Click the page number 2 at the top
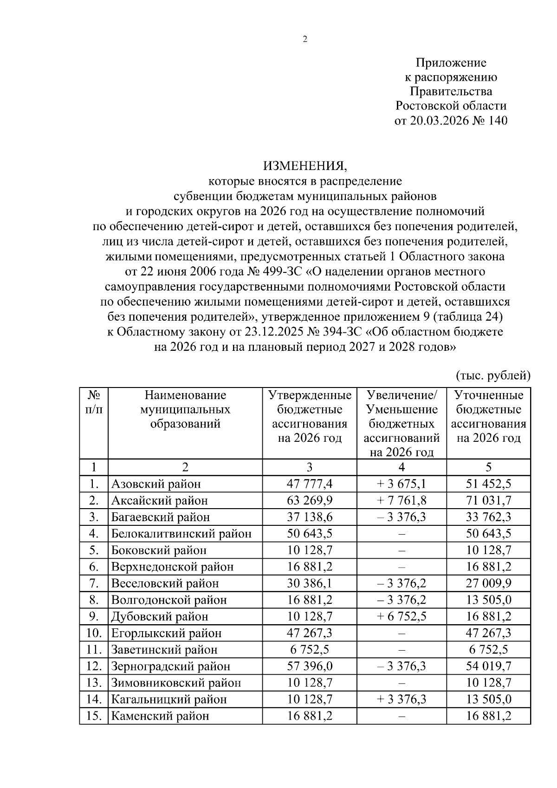click(305, 40)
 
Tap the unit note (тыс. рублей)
click(493, 375)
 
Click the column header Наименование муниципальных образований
click(185, 409)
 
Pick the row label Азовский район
click(156, 484)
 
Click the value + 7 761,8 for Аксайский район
click(402, 500)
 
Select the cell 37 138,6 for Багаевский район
click(310, 517)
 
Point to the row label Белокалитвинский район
click(181, 534)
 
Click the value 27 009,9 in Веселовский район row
click(488, 583)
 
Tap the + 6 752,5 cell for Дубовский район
click(402, 616)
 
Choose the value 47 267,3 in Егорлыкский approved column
click(310, 633)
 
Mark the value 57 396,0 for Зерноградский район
click(310, 666)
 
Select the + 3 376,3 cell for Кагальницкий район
click(402, 699)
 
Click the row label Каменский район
click(160, 716)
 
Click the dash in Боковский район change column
click(402, 550)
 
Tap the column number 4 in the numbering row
click(402, 467)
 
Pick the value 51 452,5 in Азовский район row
click(488, 484)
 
